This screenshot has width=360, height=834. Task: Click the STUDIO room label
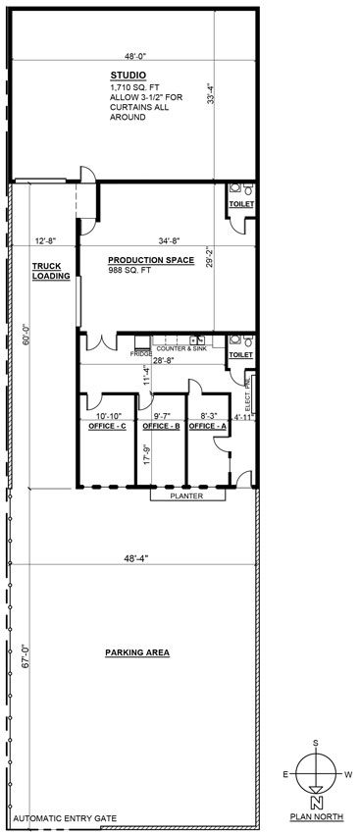pos(129,75)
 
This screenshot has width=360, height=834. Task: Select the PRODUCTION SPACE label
pos(151,260)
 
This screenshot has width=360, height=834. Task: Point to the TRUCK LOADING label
pos(52,271)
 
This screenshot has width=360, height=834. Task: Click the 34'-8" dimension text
pos(169,240)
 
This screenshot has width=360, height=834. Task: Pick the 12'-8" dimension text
pos(45,240)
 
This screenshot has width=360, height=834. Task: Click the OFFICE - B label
pos(162,427)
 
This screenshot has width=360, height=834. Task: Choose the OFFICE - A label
pos(207,427)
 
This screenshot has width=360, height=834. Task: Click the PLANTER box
pos(187,495)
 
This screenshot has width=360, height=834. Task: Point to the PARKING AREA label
pos(137,652)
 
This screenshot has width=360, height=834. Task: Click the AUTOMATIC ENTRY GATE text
pos(65,818)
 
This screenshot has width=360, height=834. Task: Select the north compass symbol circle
pos(316,774)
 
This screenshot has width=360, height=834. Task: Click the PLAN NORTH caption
pos(317,816)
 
